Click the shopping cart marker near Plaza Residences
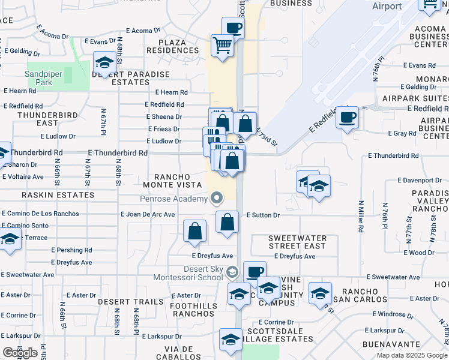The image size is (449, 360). [x=223, y=45]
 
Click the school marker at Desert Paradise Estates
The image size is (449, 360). [x=104, y=63]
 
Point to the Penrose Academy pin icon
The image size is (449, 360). [x=216, y=198]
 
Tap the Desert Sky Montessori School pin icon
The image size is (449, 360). [x=232, y=274]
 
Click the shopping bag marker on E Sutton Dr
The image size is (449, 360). [x=227, y=222]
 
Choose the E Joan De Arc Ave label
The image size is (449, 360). [x=148, y=214]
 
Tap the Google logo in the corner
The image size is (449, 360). [x=20, y=353]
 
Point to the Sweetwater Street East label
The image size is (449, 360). [x=297, y=242]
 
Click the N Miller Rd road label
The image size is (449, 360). [x=361, y=217]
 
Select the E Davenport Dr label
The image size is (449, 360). [x=420, y=180]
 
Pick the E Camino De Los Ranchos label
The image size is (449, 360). [x=40, y=214]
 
